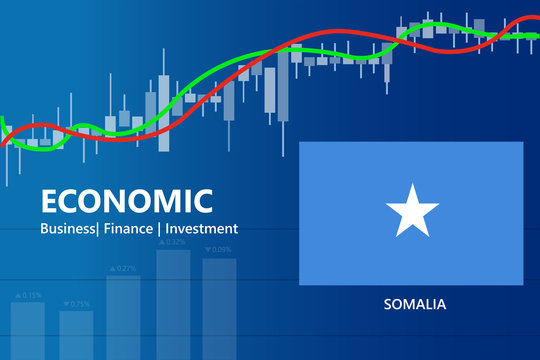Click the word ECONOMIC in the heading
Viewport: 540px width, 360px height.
tap(126, 201)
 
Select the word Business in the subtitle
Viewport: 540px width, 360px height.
tap(71, 229)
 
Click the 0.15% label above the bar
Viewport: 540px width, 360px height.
tap(31, 295)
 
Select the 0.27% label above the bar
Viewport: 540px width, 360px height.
tap(127, 268)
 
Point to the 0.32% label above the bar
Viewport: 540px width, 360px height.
tap(175, 242)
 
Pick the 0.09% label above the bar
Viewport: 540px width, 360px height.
tap(221, 250)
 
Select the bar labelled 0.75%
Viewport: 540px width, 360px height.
tap(76, 334)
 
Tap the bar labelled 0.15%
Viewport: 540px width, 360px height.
tap(27, 330)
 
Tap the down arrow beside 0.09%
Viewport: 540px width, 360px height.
tap(207, 250)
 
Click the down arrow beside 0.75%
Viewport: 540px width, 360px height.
tap(65, 303)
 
